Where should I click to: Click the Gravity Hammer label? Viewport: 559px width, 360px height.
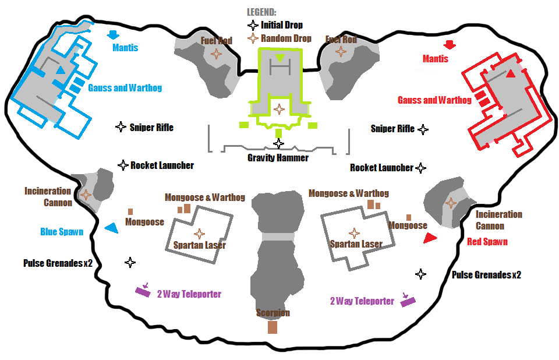tap(278, 157)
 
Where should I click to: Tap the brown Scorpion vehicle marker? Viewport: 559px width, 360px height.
tap(272, 327)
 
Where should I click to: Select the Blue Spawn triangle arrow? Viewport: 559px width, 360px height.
tap(111, 229)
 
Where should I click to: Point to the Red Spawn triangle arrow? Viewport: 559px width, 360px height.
tap(430, 238)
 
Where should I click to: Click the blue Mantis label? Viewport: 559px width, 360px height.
tap(125, 48)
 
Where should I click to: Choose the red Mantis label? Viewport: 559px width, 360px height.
tap(436, 59)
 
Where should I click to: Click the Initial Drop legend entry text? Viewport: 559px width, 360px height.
tap(282, 25)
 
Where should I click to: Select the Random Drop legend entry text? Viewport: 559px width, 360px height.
tap(286, 38)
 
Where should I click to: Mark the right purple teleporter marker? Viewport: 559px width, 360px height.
tap(408, 302)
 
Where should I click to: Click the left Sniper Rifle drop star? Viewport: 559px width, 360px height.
tap(121, 127)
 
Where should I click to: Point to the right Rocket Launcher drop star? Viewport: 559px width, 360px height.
tap(420, 168)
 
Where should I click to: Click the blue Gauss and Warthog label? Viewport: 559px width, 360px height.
tap(125, 88)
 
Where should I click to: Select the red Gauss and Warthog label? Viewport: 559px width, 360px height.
tap(434, 100)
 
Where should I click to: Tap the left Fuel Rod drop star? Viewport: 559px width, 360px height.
tap(216, 54)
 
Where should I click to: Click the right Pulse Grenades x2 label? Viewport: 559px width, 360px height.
tap(486, 274)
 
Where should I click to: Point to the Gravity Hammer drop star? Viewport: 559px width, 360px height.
tap(279, 143)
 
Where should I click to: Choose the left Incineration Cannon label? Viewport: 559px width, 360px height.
tap(48, 197)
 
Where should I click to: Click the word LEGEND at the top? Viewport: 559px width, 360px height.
tap(261, 12)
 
